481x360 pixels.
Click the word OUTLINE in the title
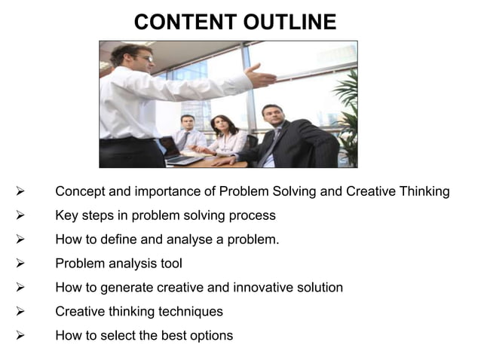290,23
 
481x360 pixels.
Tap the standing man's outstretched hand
261,76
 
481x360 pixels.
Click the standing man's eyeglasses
146,57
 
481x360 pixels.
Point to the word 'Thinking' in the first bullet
423,192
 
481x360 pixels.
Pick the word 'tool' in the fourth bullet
170,264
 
